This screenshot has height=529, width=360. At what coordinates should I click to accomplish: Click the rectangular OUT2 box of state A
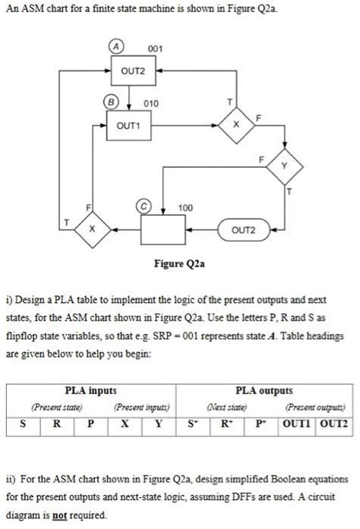[133, 71]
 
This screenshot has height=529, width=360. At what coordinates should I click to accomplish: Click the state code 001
[155, 49]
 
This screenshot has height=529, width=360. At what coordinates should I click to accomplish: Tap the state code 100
[185, 206]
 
